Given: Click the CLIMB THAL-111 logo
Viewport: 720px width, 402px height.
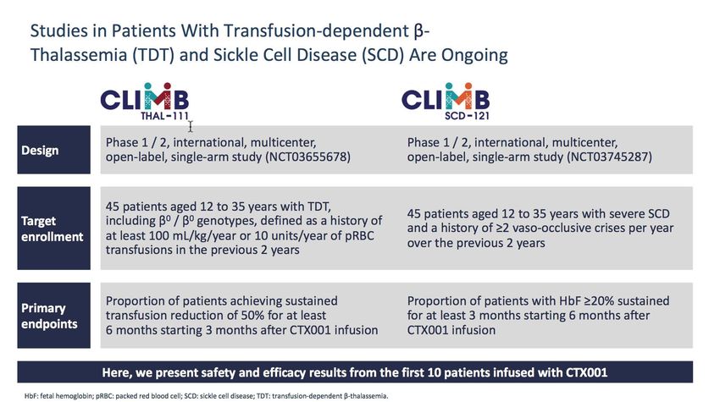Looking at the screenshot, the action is (145, 102).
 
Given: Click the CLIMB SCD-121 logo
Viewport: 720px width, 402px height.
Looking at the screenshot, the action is (446, 102).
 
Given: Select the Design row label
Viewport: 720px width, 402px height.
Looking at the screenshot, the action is (40, 151).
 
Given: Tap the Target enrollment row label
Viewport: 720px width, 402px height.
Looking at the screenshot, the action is (53, 229).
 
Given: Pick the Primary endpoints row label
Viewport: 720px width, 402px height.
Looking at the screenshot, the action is (49, 316).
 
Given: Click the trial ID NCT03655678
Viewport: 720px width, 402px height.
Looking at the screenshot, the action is (307, 157).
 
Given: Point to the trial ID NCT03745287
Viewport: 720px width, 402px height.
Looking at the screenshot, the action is (609, 157).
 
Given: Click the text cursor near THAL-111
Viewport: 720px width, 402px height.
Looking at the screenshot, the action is (190, 127).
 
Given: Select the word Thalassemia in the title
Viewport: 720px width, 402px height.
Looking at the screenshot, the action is (78, 55).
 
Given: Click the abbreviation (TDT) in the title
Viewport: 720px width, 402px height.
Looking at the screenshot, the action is (153, 55).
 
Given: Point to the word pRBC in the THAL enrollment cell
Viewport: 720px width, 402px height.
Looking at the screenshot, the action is (358, 235).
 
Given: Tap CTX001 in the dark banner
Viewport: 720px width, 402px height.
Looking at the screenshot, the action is (586, 372).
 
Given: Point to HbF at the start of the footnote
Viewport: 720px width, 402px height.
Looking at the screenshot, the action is (30, 395).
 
